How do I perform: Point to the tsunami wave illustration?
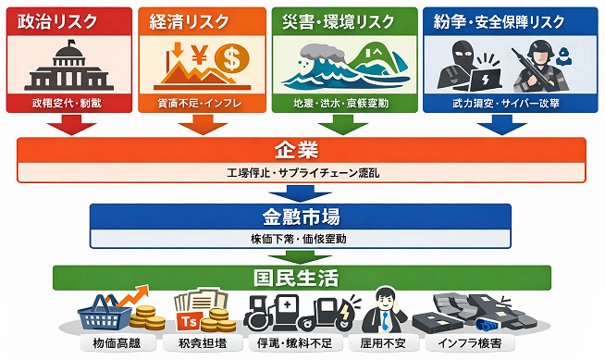click(315, 69)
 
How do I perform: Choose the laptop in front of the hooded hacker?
click(484, 78)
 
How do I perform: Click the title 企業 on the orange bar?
click(295, 151)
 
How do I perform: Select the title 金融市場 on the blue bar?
click(298, 217)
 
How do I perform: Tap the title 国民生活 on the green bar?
click(295, 277)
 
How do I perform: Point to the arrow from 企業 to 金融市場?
click(299, 193)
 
